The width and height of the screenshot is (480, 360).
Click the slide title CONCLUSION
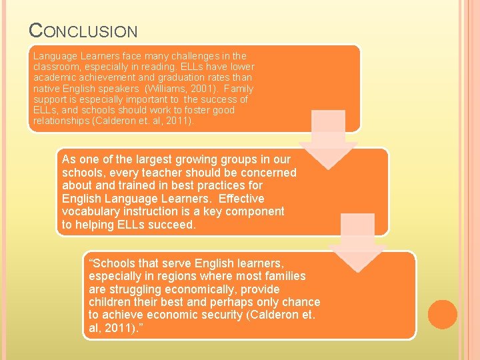pos(83,31)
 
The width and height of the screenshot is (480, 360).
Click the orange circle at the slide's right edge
pos(442,315)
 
